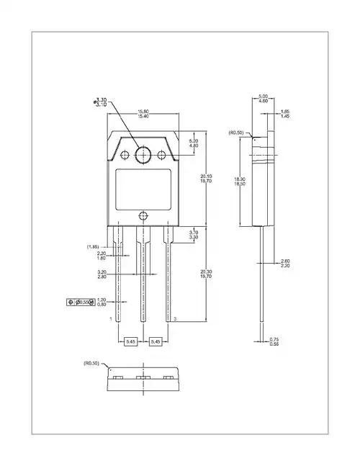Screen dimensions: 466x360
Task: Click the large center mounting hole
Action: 144,154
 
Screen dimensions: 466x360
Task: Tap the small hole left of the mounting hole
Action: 126,154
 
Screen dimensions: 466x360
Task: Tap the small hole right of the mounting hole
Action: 163,154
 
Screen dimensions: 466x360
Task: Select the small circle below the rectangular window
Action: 144,215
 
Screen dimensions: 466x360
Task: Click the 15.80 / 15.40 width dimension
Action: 143,114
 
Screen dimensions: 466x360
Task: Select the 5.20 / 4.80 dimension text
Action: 193,143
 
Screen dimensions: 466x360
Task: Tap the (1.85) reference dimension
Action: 93,247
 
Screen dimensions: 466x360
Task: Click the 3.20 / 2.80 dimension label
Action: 102,274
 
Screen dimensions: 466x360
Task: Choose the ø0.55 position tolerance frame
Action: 80,302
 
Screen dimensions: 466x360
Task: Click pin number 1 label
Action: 110,318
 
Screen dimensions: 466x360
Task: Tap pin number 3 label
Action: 175,318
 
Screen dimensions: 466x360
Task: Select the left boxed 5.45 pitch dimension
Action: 131,341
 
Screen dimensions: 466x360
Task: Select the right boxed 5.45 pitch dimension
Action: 156,341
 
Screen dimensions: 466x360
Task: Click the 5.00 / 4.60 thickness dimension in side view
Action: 263,99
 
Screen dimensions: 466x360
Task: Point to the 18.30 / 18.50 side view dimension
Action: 239,182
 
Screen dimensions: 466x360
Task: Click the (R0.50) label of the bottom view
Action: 91,364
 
